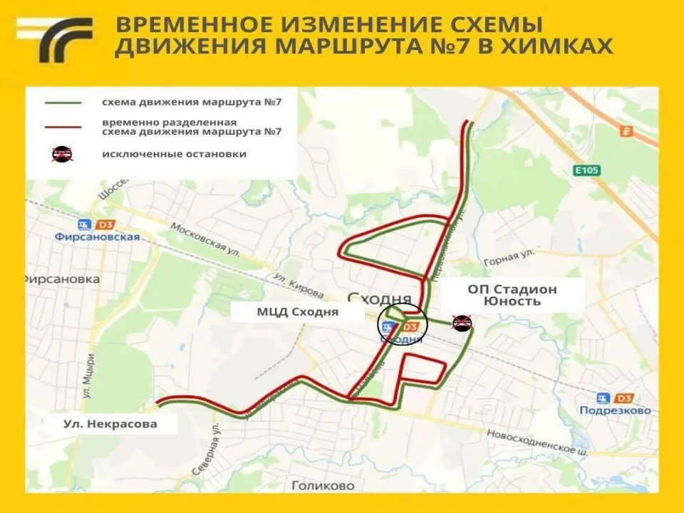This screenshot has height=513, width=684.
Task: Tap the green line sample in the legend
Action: [x=63, y=102]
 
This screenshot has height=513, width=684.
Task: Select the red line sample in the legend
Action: [x=63, y=126]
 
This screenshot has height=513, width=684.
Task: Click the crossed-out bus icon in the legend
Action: [x=63, y=154]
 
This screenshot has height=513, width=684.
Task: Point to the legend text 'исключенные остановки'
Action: [x=174, y=154]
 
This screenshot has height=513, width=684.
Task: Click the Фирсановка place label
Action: [x=61, y=279]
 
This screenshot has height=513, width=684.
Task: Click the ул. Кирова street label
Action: [x=299, y=284]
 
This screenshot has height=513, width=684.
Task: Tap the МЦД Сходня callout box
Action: [x=298, y=312]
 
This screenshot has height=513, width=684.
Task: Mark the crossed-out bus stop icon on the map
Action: [x=462, y=323]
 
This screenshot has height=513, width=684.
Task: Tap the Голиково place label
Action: [x=323, y=486]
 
